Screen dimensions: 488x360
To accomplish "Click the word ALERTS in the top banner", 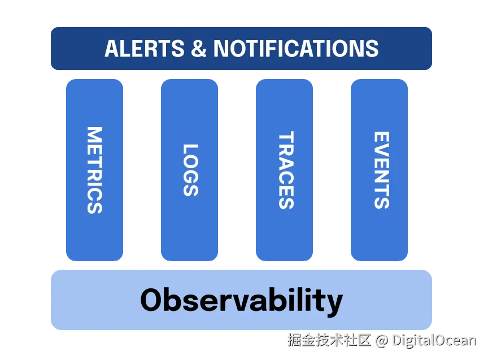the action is click(145, 49).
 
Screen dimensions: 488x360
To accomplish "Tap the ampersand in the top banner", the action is click(199, 49).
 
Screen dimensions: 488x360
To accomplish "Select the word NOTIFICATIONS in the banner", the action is click(295, 49).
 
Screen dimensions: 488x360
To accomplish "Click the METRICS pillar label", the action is click(95, 170).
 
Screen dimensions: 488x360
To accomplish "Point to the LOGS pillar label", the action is click(190, 170).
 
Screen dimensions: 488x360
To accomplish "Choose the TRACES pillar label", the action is click(286, 170).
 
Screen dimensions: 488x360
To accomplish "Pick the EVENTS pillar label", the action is click(382, 170).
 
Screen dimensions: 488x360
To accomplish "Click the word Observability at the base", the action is click(242, 300).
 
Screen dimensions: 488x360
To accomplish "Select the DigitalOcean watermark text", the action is click(434, 340).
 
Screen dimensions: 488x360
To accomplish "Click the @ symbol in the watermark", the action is click(382, 341).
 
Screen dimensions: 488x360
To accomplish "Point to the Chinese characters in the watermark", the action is click(329, 340).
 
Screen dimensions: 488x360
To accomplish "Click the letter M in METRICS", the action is click(95, 134).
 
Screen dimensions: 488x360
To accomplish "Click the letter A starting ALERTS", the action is click(112, 49).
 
